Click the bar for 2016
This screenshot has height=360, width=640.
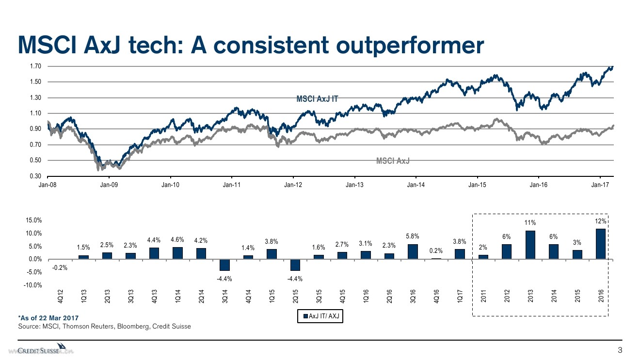pyautogui.click(x=601, y=244)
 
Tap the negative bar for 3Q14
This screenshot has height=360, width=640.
pyautogui.click(x=224, y=265)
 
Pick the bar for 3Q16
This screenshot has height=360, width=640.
pyautogui.click(x=413, y=251)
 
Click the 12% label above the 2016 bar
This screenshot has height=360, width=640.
pyautogui.click(x=601, y=221)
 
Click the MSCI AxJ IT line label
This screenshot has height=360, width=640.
pyautogui.click(x=317, y=99)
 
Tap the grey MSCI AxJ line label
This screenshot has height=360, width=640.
pyautogui.click(x=393, y=161)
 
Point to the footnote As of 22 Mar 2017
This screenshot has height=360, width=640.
pyautogui.click(x=48, y=317)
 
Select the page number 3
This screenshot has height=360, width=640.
pyautogui.click(x=619, y=350)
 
